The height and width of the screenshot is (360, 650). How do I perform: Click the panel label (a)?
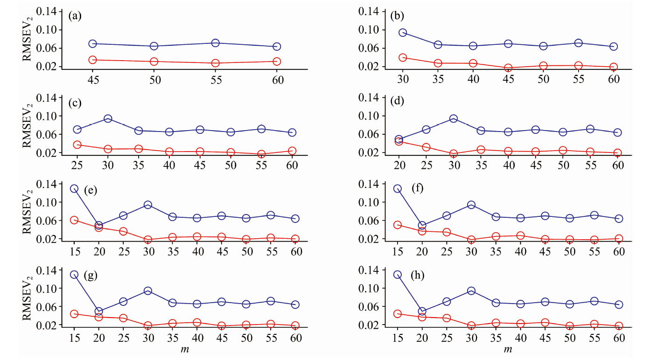75,16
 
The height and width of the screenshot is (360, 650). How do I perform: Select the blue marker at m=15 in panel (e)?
74,188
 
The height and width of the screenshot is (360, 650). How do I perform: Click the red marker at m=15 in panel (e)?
74,220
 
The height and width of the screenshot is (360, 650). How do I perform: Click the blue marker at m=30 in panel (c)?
108,119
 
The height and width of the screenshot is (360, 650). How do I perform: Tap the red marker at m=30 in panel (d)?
440,154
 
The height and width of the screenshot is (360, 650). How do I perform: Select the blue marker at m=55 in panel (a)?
215,43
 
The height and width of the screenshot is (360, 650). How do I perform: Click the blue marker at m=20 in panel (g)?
98,311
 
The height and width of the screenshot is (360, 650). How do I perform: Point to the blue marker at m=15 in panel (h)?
398,275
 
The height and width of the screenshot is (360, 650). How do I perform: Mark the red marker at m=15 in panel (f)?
398,225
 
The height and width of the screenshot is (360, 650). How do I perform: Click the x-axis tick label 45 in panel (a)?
92,80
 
